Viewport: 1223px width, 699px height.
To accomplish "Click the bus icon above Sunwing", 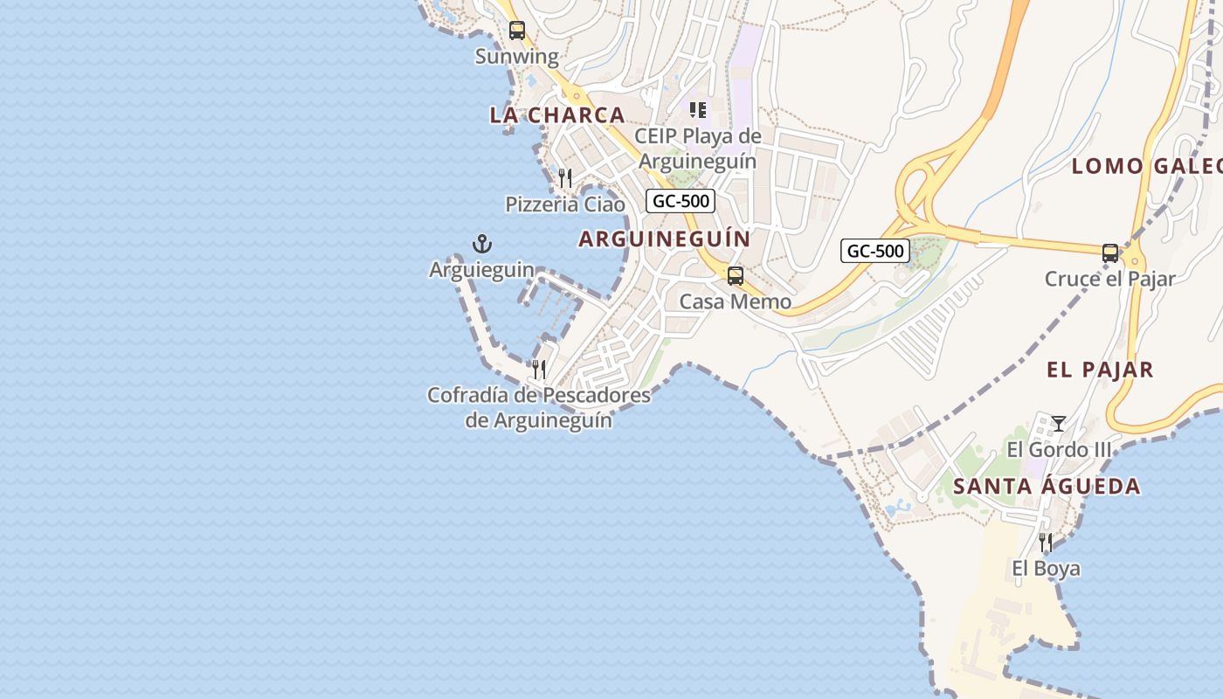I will point(517,31).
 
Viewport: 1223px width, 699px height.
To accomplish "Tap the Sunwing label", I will point(516,57).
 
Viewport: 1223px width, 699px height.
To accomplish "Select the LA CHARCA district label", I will point(557,114).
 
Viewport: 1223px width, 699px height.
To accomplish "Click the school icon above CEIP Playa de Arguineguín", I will point(697,110).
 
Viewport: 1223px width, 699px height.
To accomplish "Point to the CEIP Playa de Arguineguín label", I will point(697,149).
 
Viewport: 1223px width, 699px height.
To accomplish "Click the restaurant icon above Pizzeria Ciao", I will point(565,178).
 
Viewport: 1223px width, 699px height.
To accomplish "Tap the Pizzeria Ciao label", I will point(565,204).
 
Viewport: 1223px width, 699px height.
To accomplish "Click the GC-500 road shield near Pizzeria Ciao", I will point(681,201).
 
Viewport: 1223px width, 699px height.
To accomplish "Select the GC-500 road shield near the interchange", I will point(875,251).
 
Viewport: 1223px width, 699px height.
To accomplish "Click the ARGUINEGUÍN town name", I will point(665,239).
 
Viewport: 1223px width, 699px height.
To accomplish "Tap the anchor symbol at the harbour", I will point(481,244).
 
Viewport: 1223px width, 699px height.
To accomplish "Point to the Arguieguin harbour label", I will point(481,270).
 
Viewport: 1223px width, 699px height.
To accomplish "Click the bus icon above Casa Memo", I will point(736,276).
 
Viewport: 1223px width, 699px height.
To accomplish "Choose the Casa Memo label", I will point(736,302).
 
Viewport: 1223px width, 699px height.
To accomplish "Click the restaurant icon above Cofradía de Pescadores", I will point(539,370).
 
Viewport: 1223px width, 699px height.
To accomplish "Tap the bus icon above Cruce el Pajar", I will point(1110,253).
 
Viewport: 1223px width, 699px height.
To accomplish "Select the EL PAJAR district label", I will point(1100,370).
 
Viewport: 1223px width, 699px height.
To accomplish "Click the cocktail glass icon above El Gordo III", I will point(1059,424).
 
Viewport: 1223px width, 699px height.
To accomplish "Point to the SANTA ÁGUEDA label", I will point(1047,487).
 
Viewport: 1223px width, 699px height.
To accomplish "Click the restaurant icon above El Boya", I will point(1046,543).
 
